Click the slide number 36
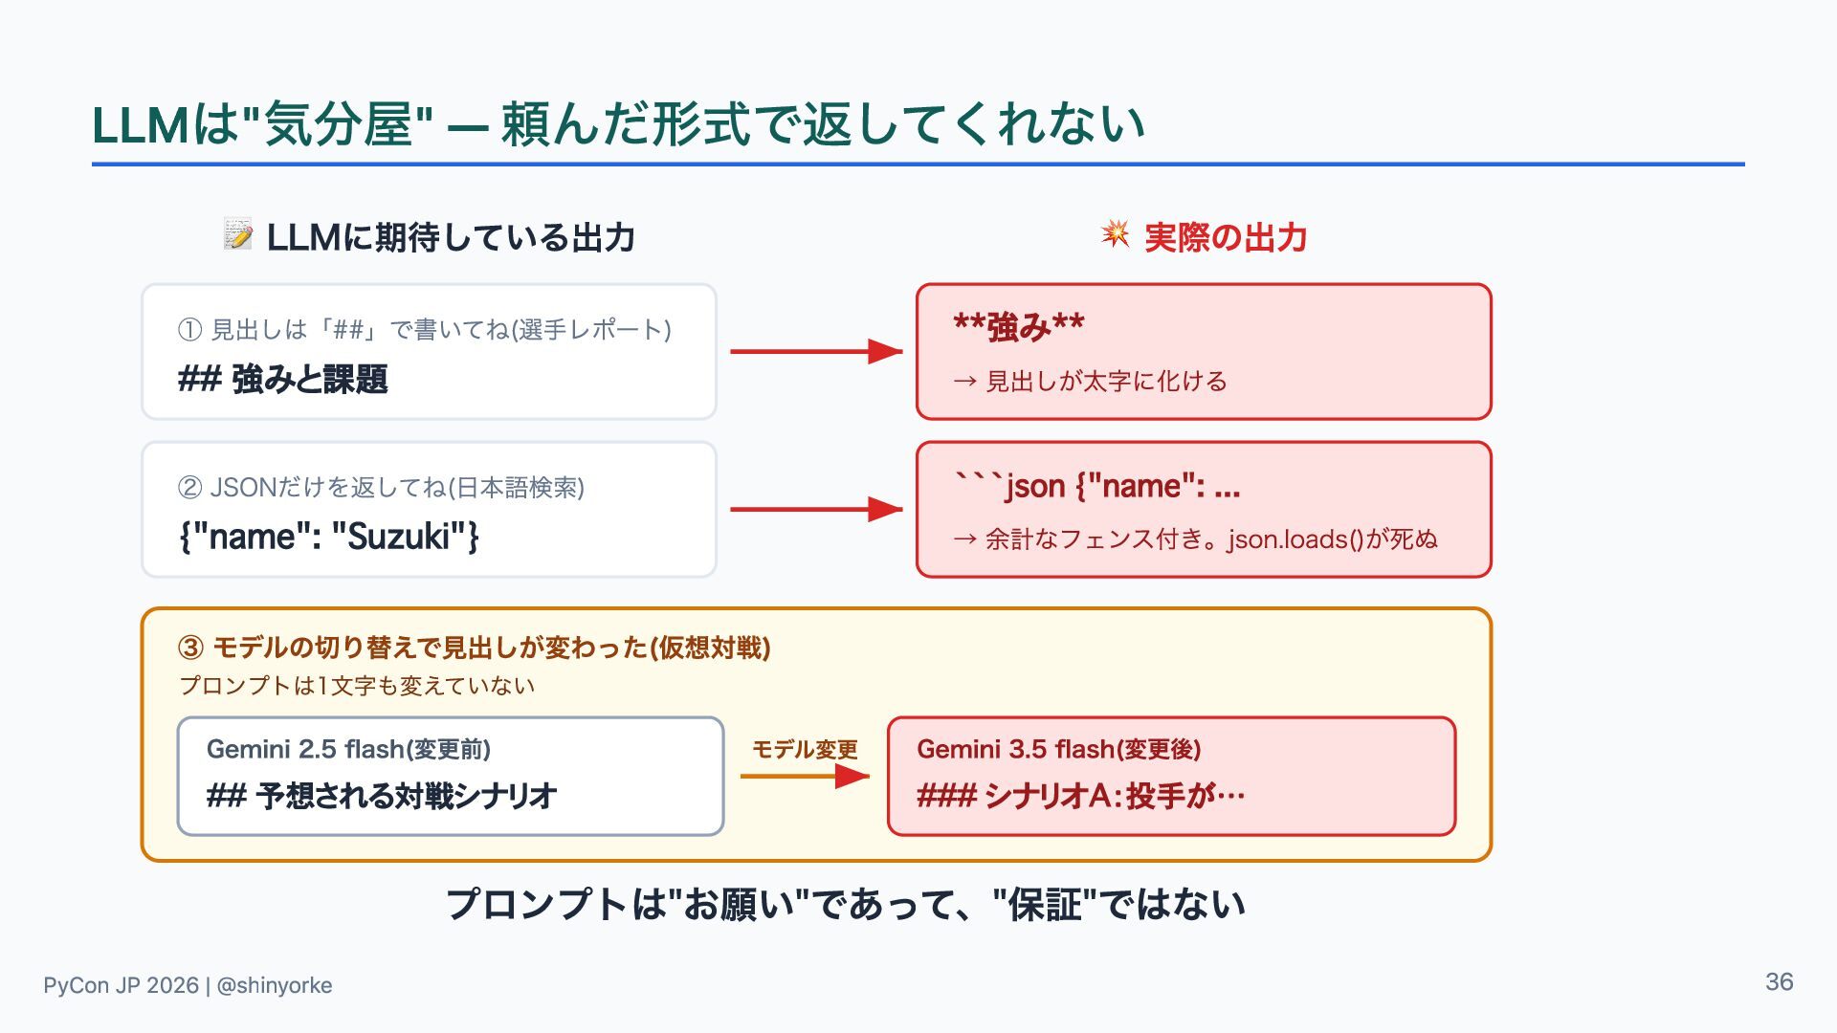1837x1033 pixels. point(1779,982)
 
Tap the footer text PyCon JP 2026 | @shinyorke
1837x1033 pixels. point(188,985)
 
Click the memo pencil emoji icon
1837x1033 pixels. point(238,234)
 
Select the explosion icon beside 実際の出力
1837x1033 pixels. point(1115,233)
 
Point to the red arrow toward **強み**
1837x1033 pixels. point(816,352)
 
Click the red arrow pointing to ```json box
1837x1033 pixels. point(816,510)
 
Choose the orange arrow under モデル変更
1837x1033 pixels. point(805,776)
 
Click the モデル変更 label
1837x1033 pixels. point(805,749)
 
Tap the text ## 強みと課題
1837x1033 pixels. point(283,380)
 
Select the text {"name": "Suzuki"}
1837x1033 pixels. point(328,537)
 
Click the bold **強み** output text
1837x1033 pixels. point(1019,327)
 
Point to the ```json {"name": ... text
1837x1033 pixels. point(1097,486)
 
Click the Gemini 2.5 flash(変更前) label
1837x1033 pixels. point(348,749)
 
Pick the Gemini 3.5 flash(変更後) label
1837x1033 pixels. point(1059,749)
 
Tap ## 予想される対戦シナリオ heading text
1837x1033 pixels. point(382,796)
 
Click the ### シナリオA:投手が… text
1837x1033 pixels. point(1081,796)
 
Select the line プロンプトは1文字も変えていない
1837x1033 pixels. point(357,686)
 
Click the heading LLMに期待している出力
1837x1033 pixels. point(451,237)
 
